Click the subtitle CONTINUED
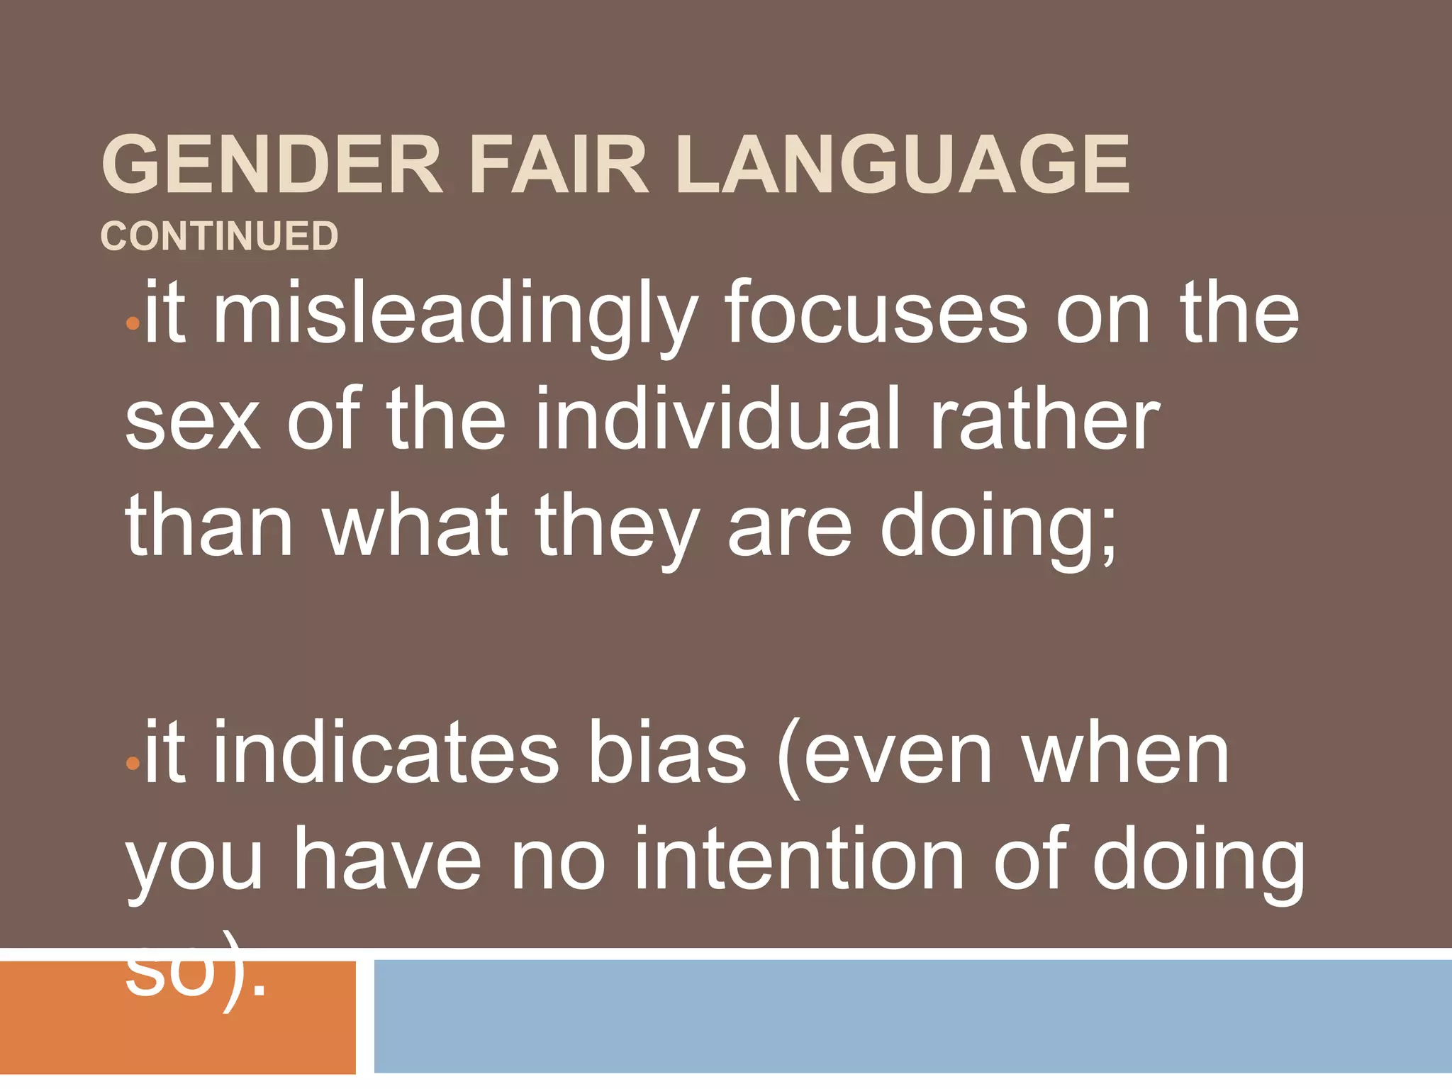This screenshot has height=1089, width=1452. click(219, 236)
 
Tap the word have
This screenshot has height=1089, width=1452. click(388, 859)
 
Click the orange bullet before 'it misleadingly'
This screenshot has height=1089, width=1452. click(132, 325)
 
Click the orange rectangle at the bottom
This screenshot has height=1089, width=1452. click(177, 1035)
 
